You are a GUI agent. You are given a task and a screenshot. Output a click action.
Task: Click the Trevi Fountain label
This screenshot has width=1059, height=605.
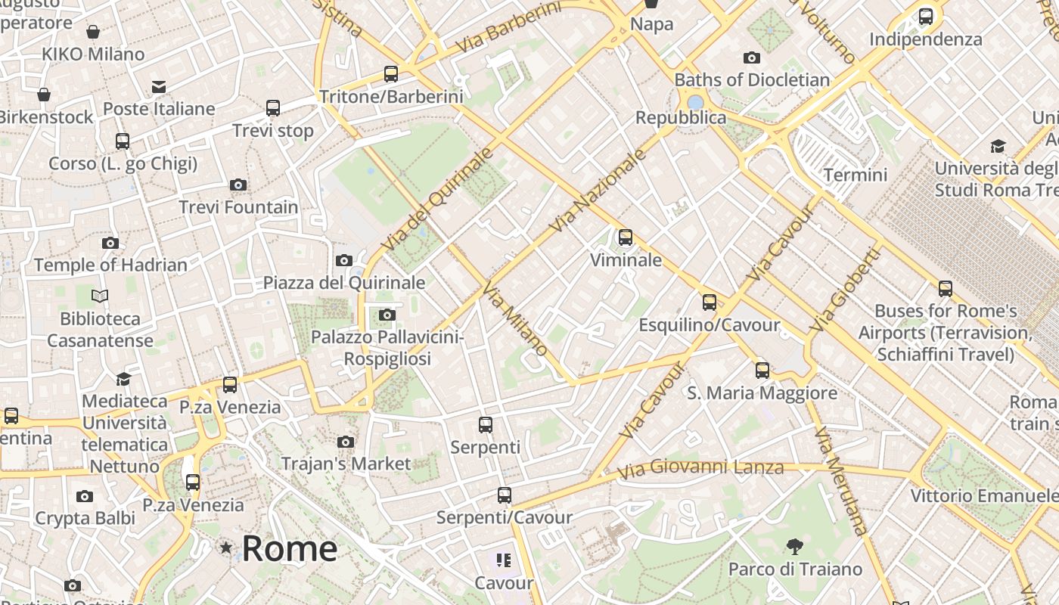(x=238, y=207)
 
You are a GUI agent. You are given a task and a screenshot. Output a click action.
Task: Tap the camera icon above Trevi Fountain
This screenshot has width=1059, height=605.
(x=238, y=185)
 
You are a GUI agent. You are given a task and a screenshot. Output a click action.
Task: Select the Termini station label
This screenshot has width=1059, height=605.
(x=855, y=175)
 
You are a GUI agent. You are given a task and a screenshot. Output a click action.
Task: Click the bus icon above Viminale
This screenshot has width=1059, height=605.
(x=626, y=237)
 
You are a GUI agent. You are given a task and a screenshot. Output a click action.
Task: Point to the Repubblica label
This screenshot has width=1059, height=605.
(x=681, y=118)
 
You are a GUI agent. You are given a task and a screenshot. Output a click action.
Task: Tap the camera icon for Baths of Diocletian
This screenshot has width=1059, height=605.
(x=751, y=57)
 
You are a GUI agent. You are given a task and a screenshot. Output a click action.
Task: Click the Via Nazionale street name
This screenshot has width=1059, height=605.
(x=599, y=191)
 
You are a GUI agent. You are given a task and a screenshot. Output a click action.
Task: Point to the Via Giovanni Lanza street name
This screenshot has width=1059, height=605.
(x=700, y=468)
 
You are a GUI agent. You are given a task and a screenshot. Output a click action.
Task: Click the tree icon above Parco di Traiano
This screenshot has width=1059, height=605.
(x=794, y=546)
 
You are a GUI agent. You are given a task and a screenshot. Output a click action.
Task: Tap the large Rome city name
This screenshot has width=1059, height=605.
(x=289, y=548)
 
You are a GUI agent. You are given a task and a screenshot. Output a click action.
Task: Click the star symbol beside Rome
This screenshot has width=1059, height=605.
(x=225, y=547)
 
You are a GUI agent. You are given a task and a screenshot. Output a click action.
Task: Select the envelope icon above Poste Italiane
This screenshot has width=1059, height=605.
(x=159, y=86)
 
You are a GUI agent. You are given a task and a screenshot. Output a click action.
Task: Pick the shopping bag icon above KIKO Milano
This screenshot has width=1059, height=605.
(x=93, y=32)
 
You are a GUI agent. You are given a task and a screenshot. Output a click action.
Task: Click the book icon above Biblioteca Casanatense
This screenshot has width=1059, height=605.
(x=100, y=296)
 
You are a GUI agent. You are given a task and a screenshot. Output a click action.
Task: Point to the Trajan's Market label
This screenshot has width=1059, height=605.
(x=346, y=464)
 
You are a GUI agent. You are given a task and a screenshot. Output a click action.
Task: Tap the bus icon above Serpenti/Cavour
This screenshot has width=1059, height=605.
(x=505, y=495)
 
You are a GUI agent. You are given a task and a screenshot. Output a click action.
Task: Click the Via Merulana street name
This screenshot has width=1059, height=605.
(x=840, y=481)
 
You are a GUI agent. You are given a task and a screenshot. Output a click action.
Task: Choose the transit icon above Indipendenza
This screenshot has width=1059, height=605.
(x=925, y=17)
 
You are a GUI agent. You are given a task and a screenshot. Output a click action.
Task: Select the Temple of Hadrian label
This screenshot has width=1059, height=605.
(x=110, y=265)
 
